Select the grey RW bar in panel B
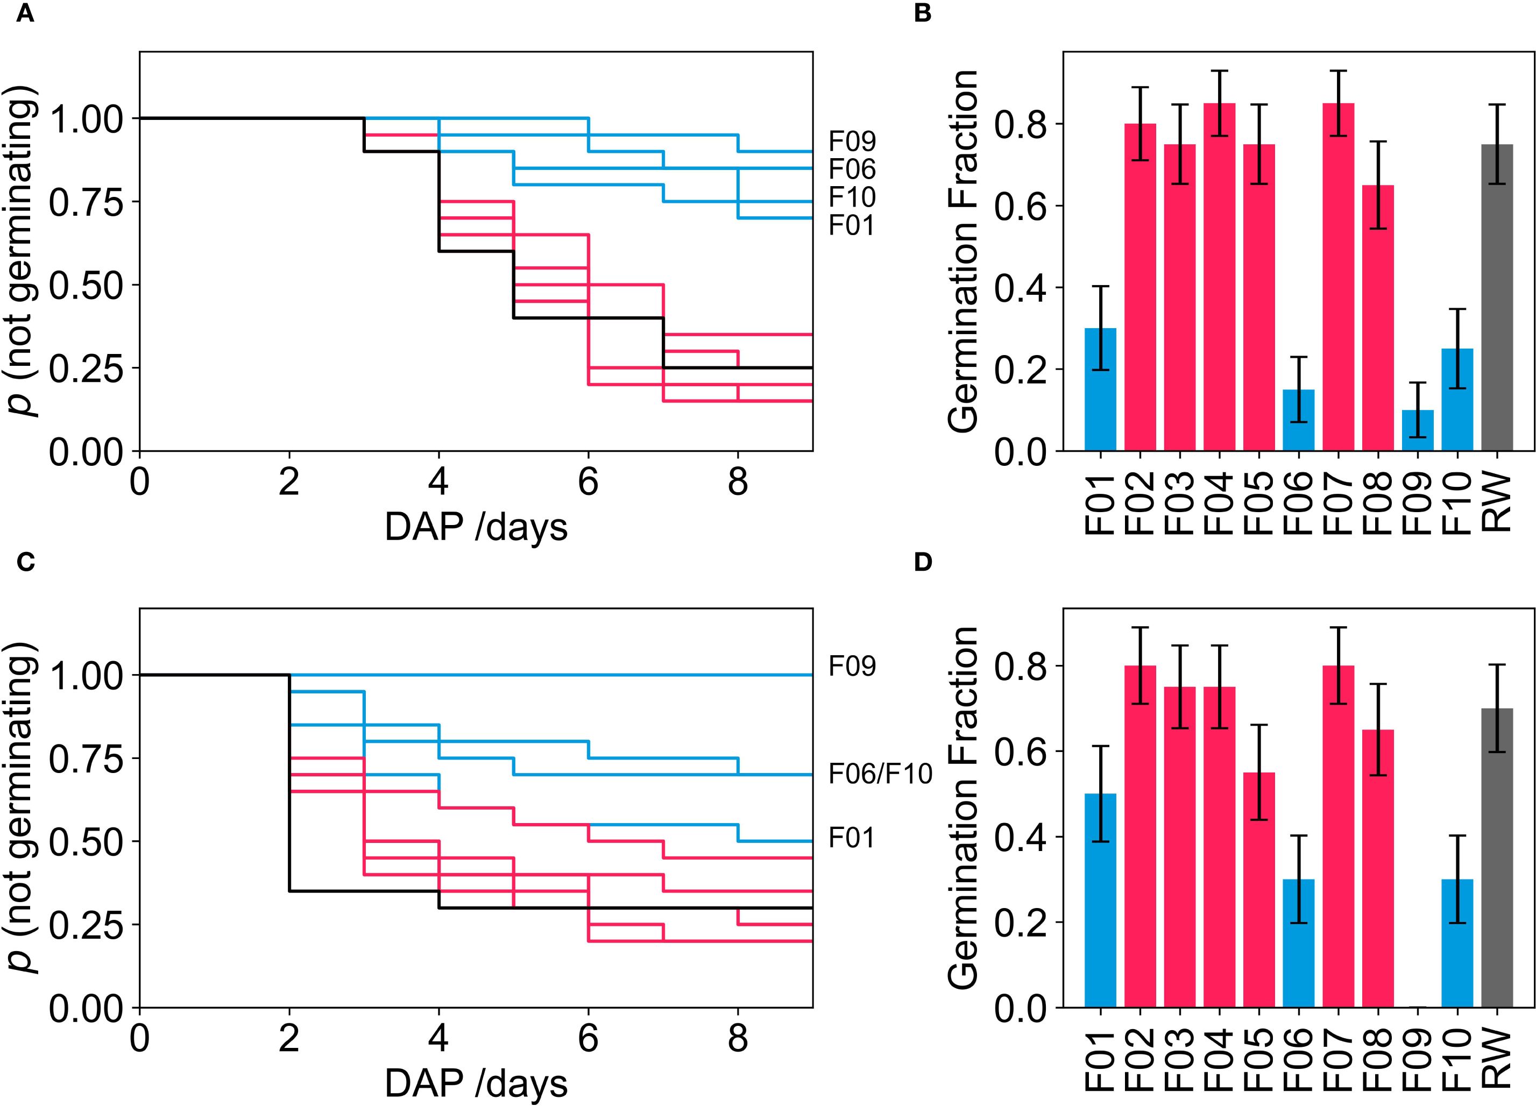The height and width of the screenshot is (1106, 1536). click(1497, 298)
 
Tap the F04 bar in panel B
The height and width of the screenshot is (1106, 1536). click(1219, 278)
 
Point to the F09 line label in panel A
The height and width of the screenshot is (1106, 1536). click(852, 141)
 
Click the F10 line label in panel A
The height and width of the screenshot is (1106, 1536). click(852, 197)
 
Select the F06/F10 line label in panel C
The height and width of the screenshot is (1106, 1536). click(880, 774)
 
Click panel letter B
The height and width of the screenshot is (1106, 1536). click(923, 14)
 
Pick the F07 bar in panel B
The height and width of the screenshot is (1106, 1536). click(1338, 278)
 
